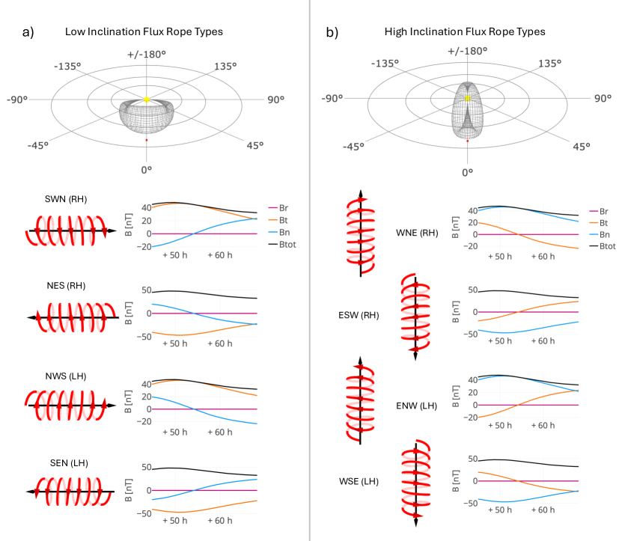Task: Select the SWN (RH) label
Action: (63, 200)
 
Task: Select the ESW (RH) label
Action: (359, 315)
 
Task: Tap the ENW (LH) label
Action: (417, 406)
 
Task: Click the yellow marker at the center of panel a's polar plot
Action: (147, 100)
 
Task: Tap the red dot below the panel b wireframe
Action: (467, 140)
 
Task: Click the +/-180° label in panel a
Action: (147, 55)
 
